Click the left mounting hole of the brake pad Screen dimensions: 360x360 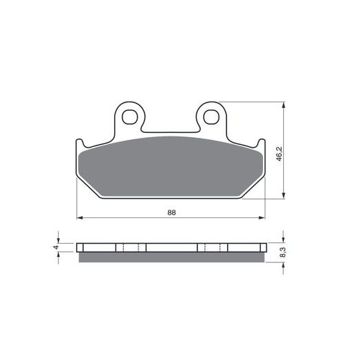(x=130, y=117)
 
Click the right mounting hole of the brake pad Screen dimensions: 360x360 (x=211, y=117)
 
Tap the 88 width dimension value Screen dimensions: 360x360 (x=172, y=213)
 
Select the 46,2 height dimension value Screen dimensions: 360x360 (x=280, y=154)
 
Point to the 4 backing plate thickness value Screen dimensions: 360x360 (x=56, y=247)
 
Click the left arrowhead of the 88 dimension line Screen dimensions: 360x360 (x=80, y=217)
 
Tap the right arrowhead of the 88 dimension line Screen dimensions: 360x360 (x=262, y=217)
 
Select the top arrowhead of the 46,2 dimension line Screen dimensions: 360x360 (x=284, y=105)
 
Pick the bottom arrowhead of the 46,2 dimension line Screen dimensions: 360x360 (x=284, y=195)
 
